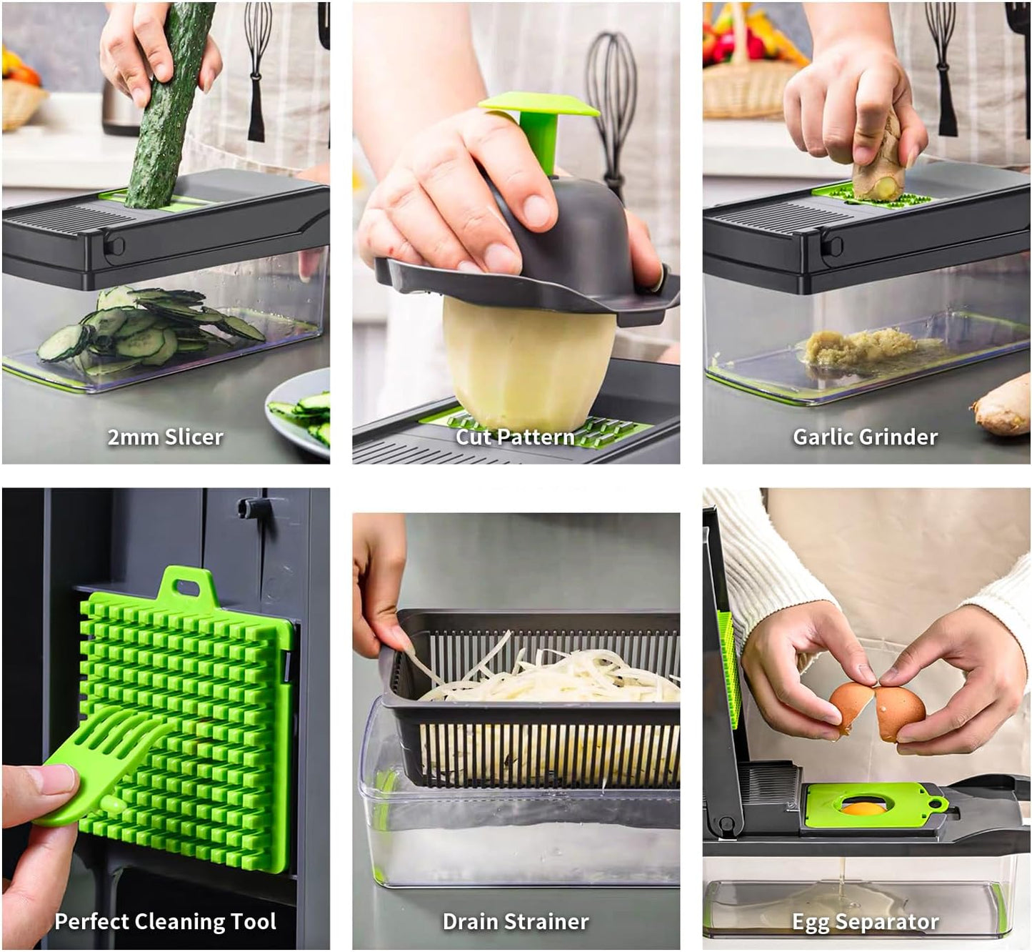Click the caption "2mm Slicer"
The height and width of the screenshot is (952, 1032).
165,437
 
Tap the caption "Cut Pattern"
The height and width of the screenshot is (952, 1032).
515,437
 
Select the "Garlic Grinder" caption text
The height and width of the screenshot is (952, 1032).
865,437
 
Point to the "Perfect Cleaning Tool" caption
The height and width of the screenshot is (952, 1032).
165,921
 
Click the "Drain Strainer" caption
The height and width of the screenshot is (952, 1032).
516,921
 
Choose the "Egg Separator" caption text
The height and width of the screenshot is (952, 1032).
865,922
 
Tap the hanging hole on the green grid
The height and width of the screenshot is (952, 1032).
187,587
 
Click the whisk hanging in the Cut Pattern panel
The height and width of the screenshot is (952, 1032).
611,100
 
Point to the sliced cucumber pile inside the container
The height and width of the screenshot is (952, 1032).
146,329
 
